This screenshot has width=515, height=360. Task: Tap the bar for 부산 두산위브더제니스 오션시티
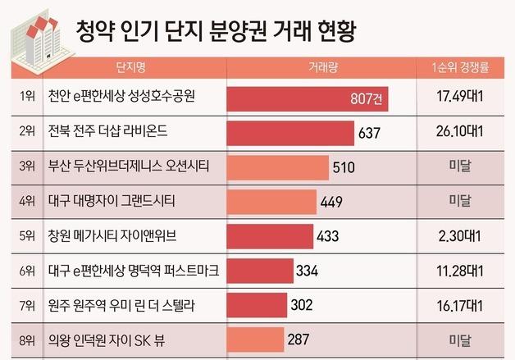276,167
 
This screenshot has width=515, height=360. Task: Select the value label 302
302,304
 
